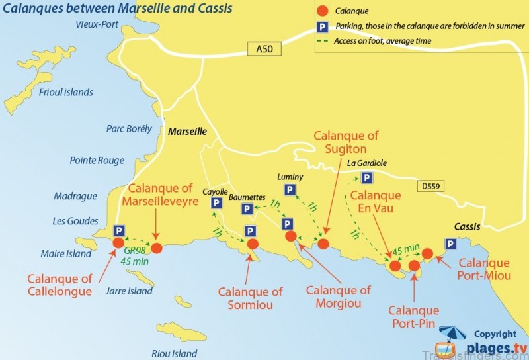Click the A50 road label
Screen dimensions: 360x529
pyautogui.click(x=259, y=48)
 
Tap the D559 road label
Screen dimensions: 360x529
pyautogui.click(x=430, y=187)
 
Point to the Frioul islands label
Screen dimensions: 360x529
pyautogui.click(x=66, y=93)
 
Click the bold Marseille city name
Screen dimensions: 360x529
pyautogui.click(x=188, y=132)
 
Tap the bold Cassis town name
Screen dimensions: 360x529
pyautogui.click(x=467, y=226)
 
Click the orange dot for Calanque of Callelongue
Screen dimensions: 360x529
pyautogui.click(x=118, y=243)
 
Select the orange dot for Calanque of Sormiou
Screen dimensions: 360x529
pyautogui.click(x=253, y=244)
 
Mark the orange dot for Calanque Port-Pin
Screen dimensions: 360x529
pyautogui.click(x=415, y=266)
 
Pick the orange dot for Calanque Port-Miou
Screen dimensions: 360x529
pyautogui.click(x=428, y=253)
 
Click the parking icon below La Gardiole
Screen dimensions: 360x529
pyautogui.click(x=366, y=177)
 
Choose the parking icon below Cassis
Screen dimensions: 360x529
pyautogui.click(x=450, y=244)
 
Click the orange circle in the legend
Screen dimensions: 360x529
pyautogui.click(x=322, y=11)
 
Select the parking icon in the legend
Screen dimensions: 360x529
pyautogui.click(x=322, y=27)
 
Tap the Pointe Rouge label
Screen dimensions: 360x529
pyautogui.click(x=97, y=160)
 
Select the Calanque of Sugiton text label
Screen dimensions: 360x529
pyautogui.click(x=346, y=142)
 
